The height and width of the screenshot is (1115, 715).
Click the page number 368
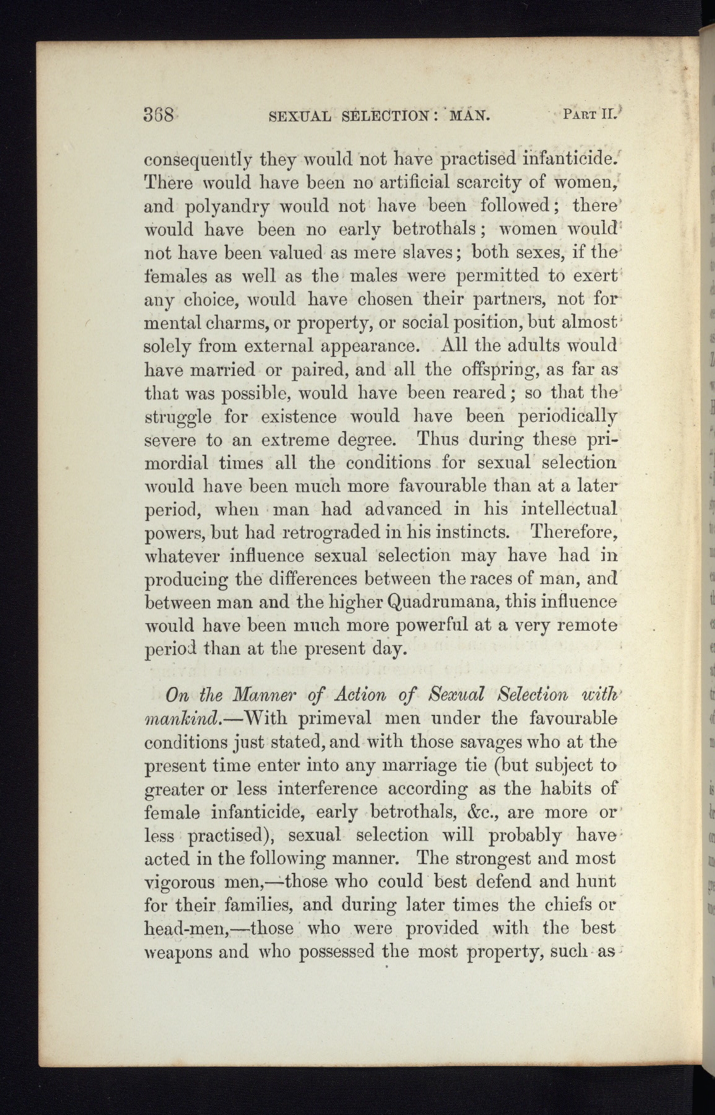pos(160,115)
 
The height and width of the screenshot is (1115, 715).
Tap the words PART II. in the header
pos(587,114)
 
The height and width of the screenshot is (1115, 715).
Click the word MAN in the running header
pos(469,115)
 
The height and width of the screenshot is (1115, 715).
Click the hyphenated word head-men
pos(184,929)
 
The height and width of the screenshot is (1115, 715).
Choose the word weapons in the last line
pos(175,951)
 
